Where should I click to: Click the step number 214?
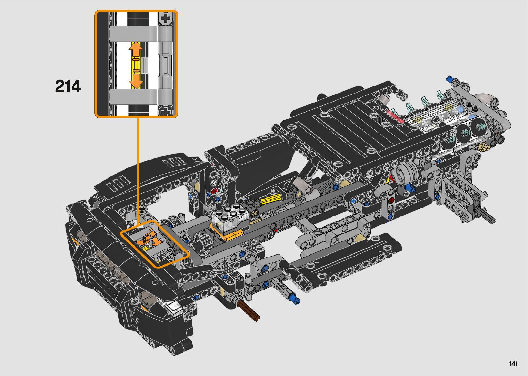pyautogui.click(x=68, y=86)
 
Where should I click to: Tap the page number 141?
pyautogui.click(x=513, y=364)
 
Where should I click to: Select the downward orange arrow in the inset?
pyautogui.click(x=136, y=79)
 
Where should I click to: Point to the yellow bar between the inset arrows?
pyautogui.click(x=136, y=64)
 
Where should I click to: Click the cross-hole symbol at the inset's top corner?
pyautogui.click(x=166, y=18)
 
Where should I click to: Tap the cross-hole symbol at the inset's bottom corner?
pyautogui.click(x=166, y=111)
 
